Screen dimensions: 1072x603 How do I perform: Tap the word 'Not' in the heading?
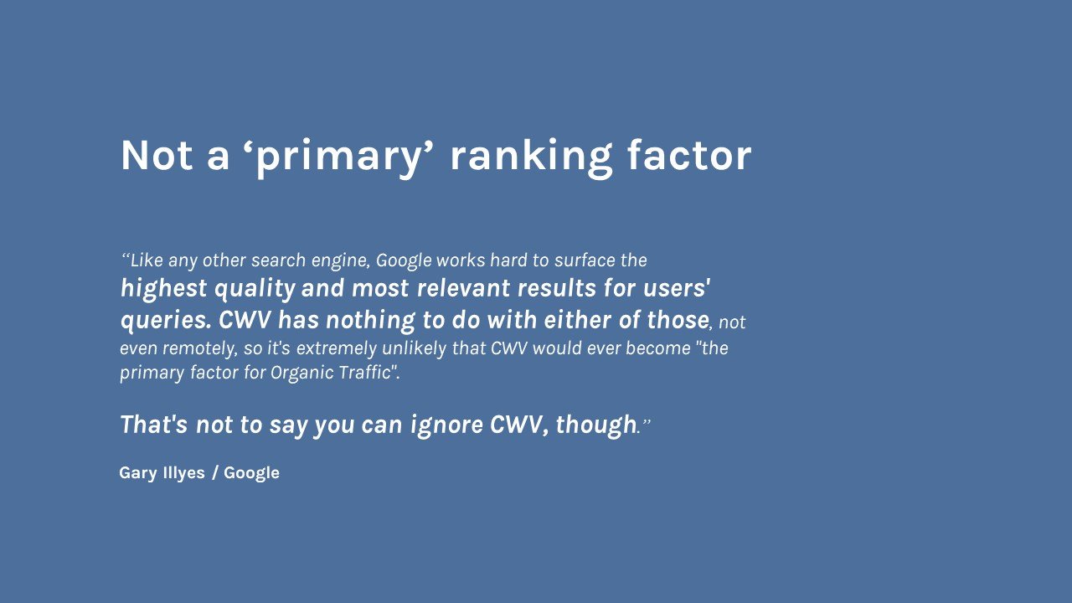[x=157, y=156]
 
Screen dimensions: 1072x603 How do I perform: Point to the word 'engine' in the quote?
[x=340, y=261]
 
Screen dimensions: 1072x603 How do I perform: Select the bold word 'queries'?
[x=165, y=321]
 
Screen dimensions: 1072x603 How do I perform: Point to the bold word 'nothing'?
[x=370, y=321]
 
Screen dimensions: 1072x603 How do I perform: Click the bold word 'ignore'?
[x=447, y=425]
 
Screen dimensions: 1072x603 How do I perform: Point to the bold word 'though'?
[x=595, y=425]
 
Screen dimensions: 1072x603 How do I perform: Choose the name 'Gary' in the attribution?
[x=137, y=473]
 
